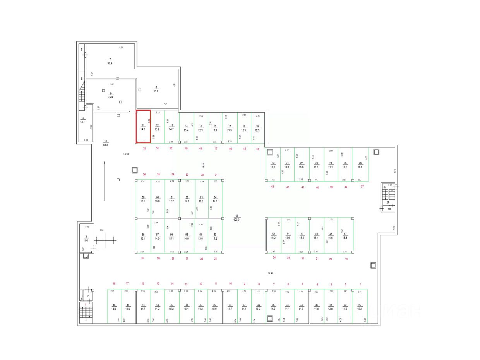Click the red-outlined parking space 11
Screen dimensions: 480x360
(x=143, y=127)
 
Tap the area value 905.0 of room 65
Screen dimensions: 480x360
(x=237, y=219)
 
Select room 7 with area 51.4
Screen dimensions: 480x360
(x=110, y=62)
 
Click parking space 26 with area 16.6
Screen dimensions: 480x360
(x=360, y=165)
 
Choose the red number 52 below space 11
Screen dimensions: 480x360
(x=144, y=148)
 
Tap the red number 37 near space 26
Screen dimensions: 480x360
(x=362, y=187)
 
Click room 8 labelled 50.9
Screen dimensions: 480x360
(x=156, y=89)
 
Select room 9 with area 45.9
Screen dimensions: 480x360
(x=110, y=95)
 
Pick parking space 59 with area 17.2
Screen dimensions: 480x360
(x=143, y=199)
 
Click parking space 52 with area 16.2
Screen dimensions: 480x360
(x=273, y=236)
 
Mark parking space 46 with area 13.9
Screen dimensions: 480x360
(x=114, y=307)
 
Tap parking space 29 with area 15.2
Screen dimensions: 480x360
(x=360, y=307)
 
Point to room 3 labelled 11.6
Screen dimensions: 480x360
(x=86, y=238)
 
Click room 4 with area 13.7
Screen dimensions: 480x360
(x=82, y=120)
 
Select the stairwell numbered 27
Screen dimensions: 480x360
(x=388, y=202)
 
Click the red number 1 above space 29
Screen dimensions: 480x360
(x=360, y=285)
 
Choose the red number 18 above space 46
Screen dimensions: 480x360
(x=114, y=284)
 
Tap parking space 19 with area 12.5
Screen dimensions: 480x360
(x=257, y=128)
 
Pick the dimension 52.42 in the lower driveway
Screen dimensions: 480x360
(x=271, y=273)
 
